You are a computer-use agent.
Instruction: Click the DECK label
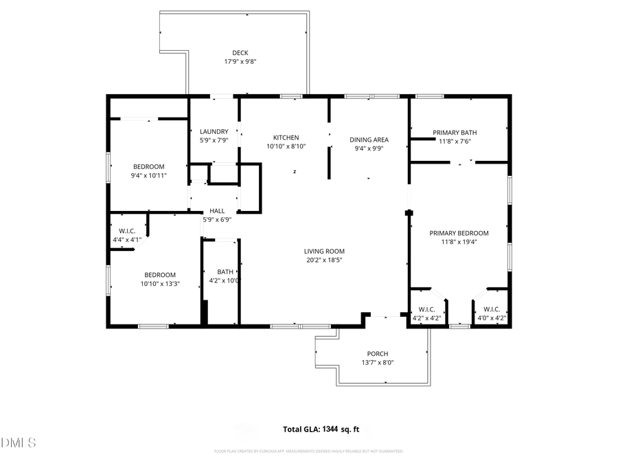click(240, 53)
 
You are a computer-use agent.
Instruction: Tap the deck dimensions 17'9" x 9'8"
click(240, 62)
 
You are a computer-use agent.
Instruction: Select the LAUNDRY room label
click(214, 132)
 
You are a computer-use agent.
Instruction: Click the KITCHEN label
click(286, 137)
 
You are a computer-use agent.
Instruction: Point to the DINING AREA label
click(369, 140)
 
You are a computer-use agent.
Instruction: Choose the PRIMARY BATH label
click(455, 133)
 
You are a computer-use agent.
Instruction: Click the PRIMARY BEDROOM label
click(459, 233)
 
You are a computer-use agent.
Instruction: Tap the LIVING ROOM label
click(324, 252)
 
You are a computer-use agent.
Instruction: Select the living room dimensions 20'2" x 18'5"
click(324, 260)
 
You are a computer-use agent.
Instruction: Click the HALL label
click(217, 211)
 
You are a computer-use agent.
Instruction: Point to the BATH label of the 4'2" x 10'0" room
click(225, 272)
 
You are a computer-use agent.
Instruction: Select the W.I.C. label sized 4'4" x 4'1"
click(126, 231)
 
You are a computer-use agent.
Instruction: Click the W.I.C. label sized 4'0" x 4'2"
click(492, 309)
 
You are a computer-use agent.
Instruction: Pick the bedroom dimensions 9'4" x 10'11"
click(148, 175)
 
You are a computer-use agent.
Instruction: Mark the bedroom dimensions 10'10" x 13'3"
click(160, 283)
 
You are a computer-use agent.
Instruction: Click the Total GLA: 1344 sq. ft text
click(321, 429)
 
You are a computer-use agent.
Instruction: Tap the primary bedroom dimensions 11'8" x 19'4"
click(459, 242)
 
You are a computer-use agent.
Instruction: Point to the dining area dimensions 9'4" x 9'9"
click(369, 148)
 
